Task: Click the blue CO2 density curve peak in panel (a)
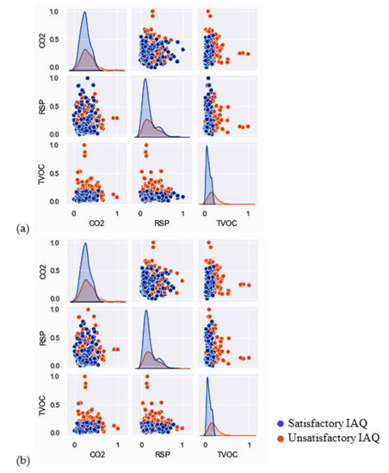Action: (84, 12)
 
